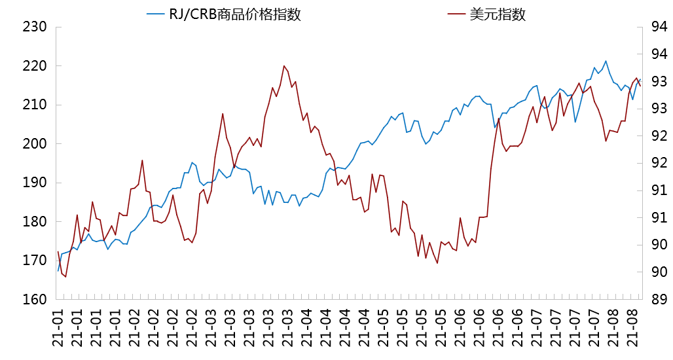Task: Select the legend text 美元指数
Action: click(498, 14)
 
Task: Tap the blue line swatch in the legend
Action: click(156, 14)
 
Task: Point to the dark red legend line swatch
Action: click(456, 14)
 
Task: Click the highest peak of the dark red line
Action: click(284, 65)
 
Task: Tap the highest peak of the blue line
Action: click(606, 61)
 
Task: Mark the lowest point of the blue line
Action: click(58, 270)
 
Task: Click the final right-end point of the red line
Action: click(640, 86)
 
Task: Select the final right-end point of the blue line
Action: click(640, 81)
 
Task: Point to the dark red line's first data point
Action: click(58, 251)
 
